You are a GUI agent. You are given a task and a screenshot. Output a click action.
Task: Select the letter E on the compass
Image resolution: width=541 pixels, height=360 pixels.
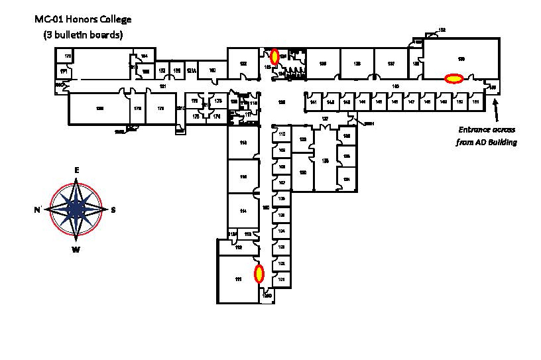coord(77,170)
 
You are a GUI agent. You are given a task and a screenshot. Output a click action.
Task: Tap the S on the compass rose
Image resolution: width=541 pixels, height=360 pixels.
coord(113,210)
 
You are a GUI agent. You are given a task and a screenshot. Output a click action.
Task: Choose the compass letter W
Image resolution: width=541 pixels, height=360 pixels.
coord(76,249)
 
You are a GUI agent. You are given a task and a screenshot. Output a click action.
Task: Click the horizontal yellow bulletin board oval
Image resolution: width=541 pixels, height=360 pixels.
coord(453,78)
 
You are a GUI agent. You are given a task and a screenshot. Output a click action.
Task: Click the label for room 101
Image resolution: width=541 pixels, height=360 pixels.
coord(281,280)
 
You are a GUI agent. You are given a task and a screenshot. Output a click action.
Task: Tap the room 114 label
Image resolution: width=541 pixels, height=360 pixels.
coord(243,211)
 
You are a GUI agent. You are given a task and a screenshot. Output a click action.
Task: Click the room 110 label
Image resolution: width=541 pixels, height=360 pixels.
coord(281,135)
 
